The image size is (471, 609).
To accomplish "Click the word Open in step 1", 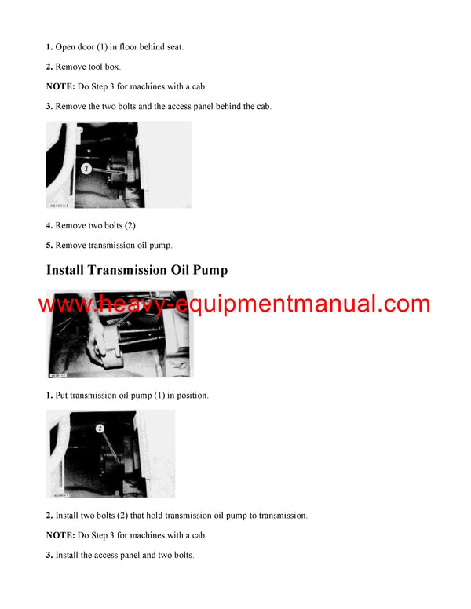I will (x=67, y=47).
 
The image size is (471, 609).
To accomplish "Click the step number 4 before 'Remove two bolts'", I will (x=49, y=225).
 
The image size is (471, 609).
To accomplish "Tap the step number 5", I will (x=49, y=245).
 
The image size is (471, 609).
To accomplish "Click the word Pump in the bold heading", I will (x=206, y=271).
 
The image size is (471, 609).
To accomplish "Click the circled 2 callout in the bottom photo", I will (x=100, y=428).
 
